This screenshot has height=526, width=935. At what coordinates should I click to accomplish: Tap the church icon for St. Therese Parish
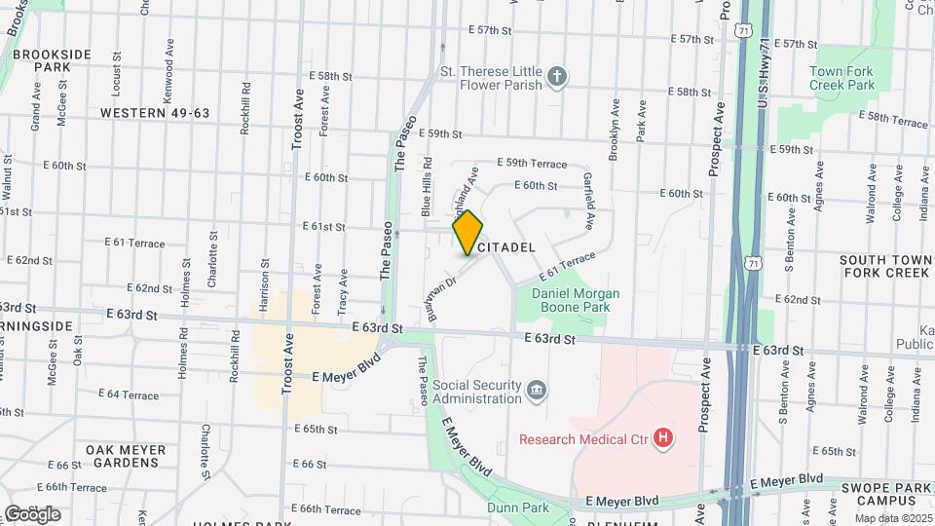coord(557,76)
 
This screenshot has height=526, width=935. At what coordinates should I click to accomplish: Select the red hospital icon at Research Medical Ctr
coord(664,439)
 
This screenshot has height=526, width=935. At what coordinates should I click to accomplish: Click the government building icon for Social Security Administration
coord(537,392)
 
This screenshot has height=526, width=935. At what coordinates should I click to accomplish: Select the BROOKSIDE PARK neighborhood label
coord(53,60)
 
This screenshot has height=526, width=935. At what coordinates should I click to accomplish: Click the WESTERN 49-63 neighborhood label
coord(154,113)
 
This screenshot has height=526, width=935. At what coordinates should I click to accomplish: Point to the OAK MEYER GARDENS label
coord(126,456)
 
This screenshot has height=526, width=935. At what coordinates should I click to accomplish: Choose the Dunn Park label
coord(517,507)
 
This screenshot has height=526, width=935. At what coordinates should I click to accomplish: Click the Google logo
coord(32,513)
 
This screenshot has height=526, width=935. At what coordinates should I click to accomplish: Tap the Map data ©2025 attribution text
coord(893,517)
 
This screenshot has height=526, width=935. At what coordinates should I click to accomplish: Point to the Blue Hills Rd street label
coord(426,184)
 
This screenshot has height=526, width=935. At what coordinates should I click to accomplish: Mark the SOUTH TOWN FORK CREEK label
coord(884,266)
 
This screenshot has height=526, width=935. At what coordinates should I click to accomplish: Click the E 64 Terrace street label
coord(129,394)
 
